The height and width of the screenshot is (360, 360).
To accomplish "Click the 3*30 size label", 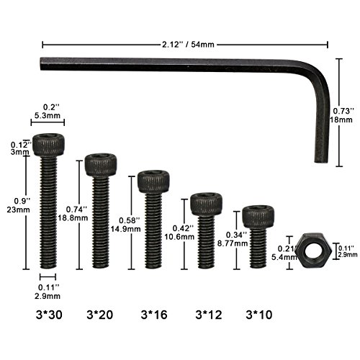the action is pyautogui.click(x=49, y=315).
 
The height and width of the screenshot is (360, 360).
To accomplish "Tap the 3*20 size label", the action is pyautogui.click(x=100, y=315).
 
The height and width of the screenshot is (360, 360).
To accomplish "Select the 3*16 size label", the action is pyautogui.click(x=154, y=315).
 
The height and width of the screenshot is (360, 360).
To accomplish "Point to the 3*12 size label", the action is pyautogui.click(x=209, y=315).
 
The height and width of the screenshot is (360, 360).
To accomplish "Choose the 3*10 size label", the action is pyautogui.click(x=259, y=315).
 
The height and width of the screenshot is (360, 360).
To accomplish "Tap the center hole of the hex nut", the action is pyautogui.click(x=312, y=252).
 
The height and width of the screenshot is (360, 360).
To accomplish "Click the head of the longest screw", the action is pyautogui.click(x=48, y=145).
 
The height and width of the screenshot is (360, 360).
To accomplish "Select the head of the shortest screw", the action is pyautogui.click(x=258, y=217).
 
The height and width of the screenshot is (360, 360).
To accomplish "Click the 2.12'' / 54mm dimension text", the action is pyautogui.click(x=188, y=45).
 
